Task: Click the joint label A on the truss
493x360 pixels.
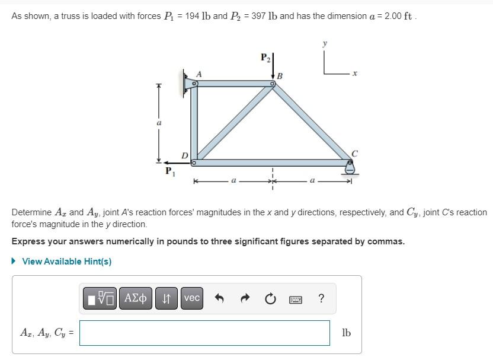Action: point(199,74)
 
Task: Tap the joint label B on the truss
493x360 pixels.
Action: point(280,76)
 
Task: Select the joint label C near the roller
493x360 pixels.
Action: point(355,154)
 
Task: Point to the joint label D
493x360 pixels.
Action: point(185,155)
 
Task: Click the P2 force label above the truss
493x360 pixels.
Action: point(265,58)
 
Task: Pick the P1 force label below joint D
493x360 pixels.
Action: point(169,171)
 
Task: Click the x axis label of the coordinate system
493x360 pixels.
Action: point(355,74)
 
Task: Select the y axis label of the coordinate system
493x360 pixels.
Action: point(325,43)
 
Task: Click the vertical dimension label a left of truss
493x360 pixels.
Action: point(158,123)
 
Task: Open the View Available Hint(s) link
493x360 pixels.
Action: point(66,262)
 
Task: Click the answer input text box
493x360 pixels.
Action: point(204,333)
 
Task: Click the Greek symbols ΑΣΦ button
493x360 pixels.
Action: point(136,298)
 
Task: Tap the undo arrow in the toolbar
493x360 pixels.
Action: point(219,298)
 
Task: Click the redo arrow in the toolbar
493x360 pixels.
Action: point(244,298)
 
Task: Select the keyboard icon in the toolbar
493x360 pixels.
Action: point(296,299)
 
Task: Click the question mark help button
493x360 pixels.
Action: point(321,298)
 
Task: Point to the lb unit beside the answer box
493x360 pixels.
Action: point(346,333)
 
